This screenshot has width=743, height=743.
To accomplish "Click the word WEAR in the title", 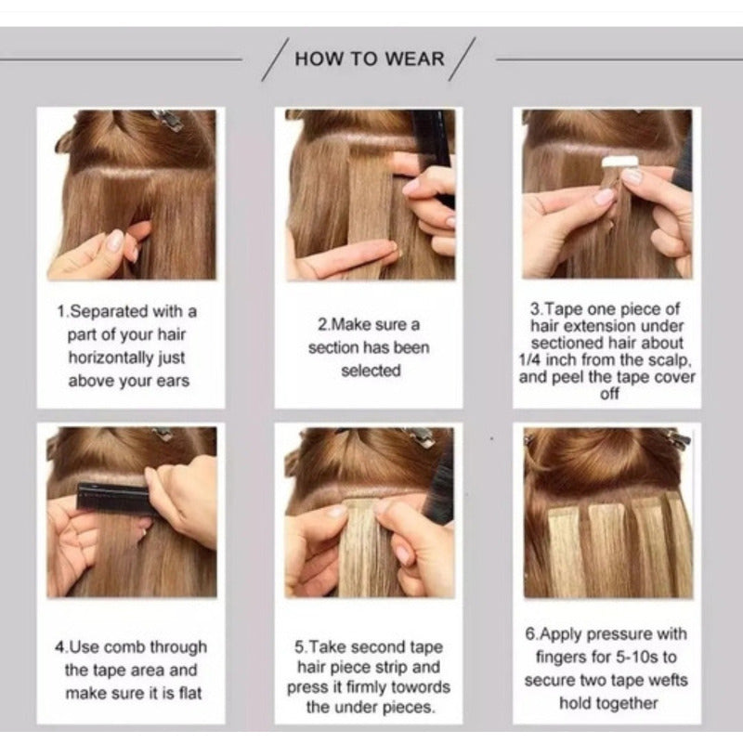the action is [414, 59].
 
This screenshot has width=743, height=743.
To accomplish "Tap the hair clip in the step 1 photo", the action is [167, 120].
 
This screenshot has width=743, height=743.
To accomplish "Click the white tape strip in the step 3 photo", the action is [615, 162].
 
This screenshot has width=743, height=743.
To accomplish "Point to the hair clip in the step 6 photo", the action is [678, 438].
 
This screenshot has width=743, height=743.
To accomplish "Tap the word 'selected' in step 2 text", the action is [371, 371].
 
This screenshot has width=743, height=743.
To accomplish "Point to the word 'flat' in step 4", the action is [190, 693].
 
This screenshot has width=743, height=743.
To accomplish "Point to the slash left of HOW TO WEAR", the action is [275, 59].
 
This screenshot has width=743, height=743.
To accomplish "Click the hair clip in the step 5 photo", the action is [419, 437].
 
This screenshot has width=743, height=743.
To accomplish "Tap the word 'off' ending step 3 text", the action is [609, 394].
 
